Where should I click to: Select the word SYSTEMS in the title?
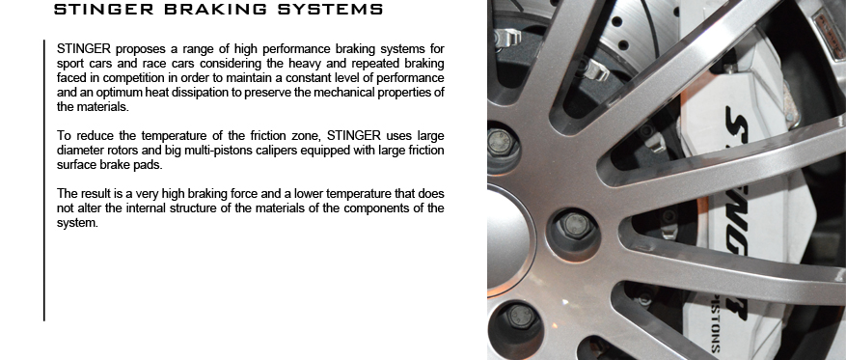pos(330,10)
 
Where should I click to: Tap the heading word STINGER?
pos(103,10)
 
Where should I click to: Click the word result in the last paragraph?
pos(95,193)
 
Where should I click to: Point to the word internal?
pos(147,208)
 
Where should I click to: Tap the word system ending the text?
pos(77,223)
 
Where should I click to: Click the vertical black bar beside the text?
pos(44,180)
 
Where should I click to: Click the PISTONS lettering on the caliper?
pos(715,324)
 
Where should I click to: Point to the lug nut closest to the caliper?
pos(576,226)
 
